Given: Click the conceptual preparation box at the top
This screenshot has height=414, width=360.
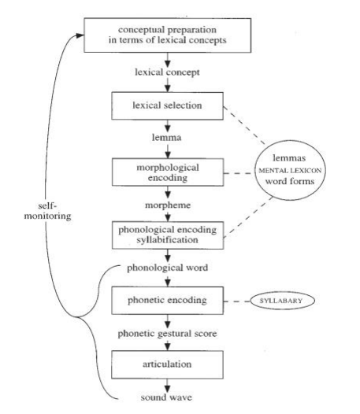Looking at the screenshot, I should [x=159, y=35].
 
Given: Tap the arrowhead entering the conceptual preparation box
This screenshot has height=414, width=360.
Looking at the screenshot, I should [x=80, y=35].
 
